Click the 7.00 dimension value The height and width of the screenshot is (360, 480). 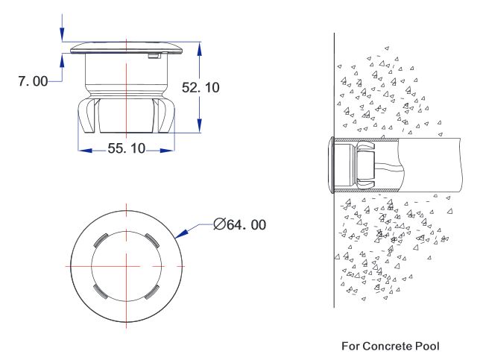pos(33,81)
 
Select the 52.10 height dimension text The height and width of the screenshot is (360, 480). pos(200,87)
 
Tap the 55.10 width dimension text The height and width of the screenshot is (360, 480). pos(127,148)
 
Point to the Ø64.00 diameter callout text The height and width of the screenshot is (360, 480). pos(240,224)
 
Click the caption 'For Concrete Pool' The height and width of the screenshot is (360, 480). pos(391,347)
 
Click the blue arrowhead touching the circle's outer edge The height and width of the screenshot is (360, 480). pos(181,233)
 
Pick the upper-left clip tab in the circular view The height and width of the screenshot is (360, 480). pos(101,240)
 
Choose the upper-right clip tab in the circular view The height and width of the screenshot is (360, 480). pos(151,240)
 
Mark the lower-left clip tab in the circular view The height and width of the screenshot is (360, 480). pos(101,291)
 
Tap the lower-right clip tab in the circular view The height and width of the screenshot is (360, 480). pos(152,291)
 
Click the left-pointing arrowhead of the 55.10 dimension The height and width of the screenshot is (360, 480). pos(85,151)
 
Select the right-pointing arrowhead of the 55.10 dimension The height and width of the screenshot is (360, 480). pos(167,151)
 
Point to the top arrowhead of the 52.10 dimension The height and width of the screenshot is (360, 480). pos(200,49)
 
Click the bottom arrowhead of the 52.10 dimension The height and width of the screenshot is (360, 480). pos(200,125)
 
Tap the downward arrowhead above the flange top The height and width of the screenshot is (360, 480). pos(62,34)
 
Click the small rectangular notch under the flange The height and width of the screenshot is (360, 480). pos(154,56)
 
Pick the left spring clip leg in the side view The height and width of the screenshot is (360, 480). pos(86,116)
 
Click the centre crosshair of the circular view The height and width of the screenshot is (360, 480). pos(127,266)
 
